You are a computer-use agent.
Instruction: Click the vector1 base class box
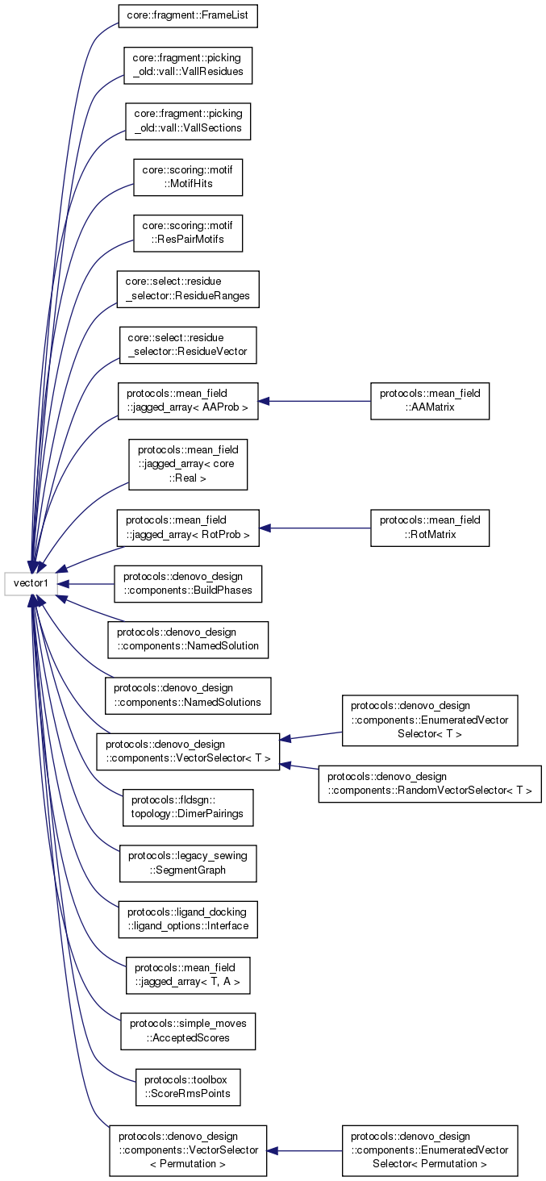pos(31,583)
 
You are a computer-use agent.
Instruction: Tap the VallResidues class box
pos(188,65)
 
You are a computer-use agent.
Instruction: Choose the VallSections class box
pos(189,121)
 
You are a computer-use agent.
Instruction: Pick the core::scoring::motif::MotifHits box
pos(188,177)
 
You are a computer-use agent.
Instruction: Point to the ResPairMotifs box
pos(188,232)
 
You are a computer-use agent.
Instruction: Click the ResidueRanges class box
pos(188,289)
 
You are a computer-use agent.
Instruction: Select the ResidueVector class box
pos(188,345)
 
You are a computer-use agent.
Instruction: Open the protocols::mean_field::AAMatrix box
pos(430,401)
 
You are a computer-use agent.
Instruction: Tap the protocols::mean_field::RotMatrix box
pos(430,528)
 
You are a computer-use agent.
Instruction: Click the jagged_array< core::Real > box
pos(188,464)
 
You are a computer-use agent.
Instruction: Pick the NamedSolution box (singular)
pos(188,640)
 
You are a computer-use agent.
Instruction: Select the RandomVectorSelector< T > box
pos(430,783)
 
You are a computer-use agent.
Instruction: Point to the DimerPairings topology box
pos(188,808)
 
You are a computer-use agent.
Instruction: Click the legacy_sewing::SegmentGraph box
pos(188,863)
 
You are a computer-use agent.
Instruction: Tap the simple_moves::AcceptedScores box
pos(188,1031)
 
